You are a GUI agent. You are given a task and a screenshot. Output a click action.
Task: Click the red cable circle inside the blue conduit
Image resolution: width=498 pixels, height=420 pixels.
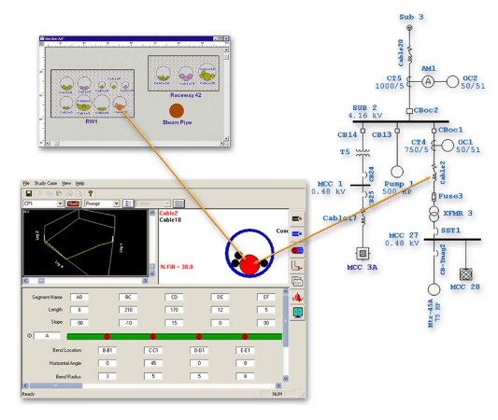[248, 263]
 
